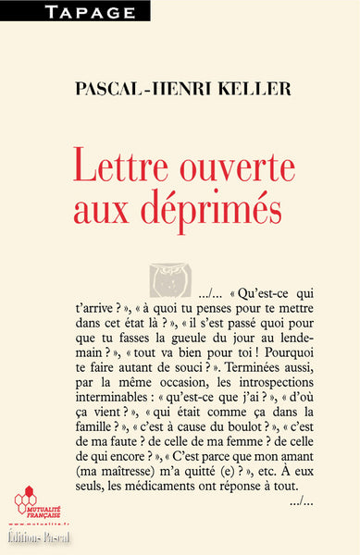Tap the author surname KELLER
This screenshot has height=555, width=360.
coord(237,89)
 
